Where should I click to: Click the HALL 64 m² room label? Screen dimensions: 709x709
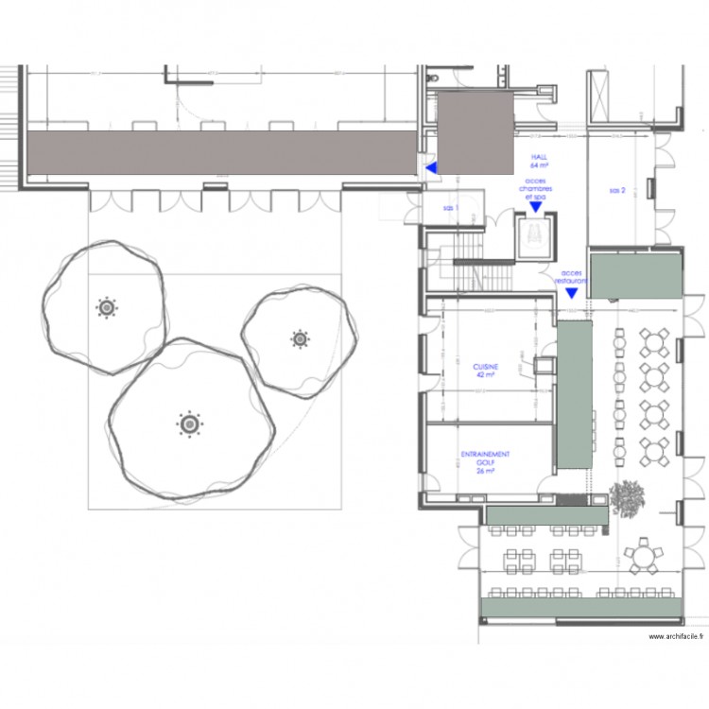540,161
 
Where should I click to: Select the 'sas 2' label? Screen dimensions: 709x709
618,191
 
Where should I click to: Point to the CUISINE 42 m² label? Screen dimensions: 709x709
486,370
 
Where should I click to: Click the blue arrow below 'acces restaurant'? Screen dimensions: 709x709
572,293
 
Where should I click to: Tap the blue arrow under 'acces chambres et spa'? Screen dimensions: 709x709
535,207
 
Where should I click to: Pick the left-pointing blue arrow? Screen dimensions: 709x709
431,168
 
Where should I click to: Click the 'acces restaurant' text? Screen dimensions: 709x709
572,277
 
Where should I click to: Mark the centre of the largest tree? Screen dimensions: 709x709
190,424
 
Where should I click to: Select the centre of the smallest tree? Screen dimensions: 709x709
300,337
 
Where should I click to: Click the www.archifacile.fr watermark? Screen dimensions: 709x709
674,636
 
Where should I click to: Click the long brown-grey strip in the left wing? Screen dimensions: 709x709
222,154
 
